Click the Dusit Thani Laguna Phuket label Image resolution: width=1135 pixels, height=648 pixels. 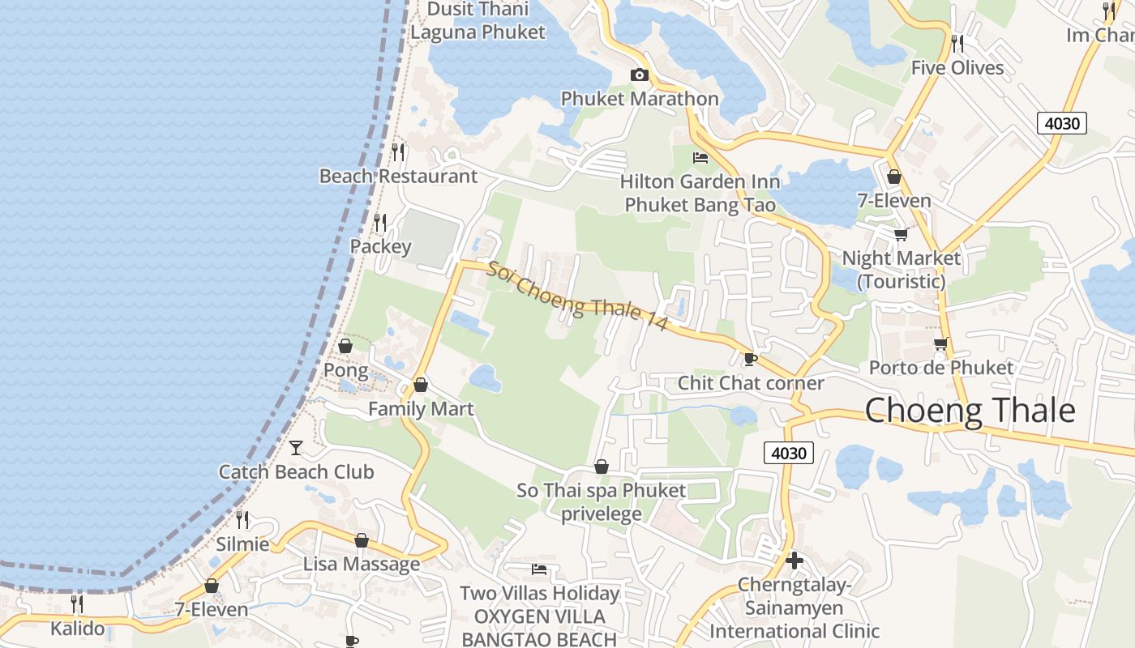tap(478, 21)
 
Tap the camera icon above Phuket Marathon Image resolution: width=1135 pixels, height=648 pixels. tap(640, 75)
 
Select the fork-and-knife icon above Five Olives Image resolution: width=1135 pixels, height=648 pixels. tap(957, 42)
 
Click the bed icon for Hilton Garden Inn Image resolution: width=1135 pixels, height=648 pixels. tap(700, 157)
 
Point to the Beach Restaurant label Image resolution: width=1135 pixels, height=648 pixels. tap(398, 176)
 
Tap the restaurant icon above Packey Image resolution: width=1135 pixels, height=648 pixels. tap(379, 221)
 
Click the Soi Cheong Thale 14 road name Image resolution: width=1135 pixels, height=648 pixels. tap(577, 295)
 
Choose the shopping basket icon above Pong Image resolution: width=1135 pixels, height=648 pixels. tap(345, 346)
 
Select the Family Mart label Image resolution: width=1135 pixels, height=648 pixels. tap(421, 409)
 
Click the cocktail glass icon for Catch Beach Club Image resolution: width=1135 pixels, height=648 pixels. tap(296, 447)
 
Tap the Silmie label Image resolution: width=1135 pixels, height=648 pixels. tap(242, 544)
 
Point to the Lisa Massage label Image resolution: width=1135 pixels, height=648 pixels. tap(362, 564)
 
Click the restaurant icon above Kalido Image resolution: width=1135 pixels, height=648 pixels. tap(77, 603)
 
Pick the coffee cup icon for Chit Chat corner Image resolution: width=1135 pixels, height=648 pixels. tap(750, 358)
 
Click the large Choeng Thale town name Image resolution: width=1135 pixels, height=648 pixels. tap(970, 411)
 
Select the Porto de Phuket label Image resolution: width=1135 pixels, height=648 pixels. tap(940, 368)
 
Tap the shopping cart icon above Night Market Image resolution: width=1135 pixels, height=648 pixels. tap(901, 234)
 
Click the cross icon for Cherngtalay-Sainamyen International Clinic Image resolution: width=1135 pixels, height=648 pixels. tap(794, 560)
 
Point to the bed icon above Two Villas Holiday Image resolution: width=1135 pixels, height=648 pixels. tap(539, 569)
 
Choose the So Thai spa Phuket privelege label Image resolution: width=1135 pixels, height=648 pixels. tap(601, 502)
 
